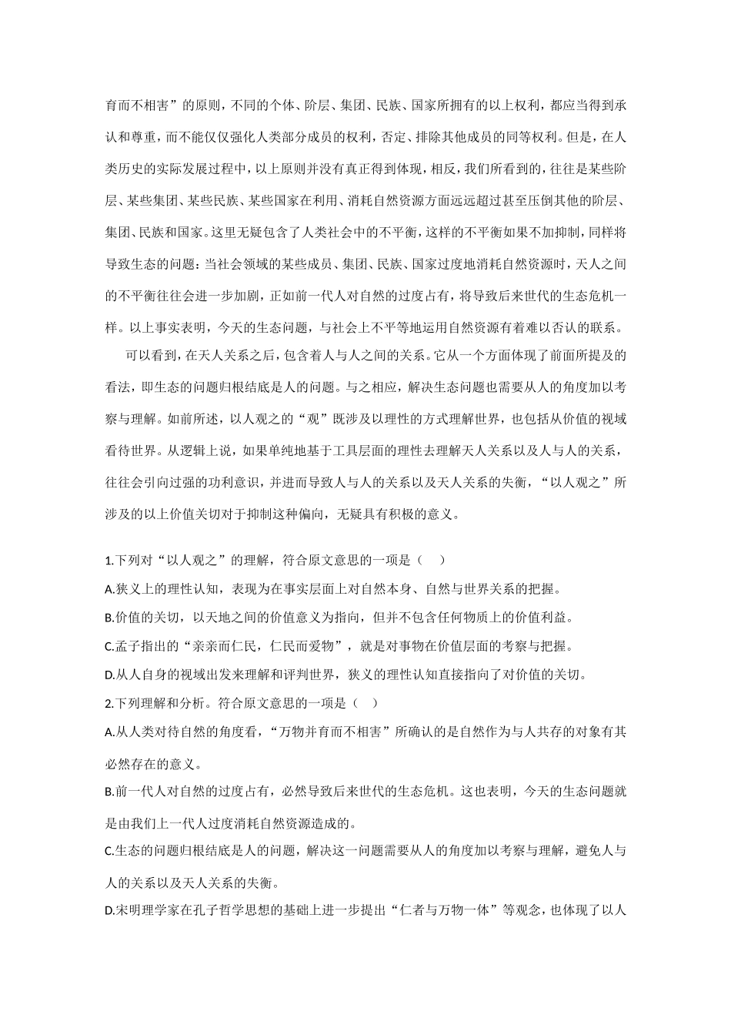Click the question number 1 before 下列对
(107, 560)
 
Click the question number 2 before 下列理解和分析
(108, 702)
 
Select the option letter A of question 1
(108, 589)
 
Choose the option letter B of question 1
(108, 618)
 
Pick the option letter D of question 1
(108, 675)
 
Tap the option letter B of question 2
(108, 791)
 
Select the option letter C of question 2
(108, 851)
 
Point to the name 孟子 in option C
(129, 646)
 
